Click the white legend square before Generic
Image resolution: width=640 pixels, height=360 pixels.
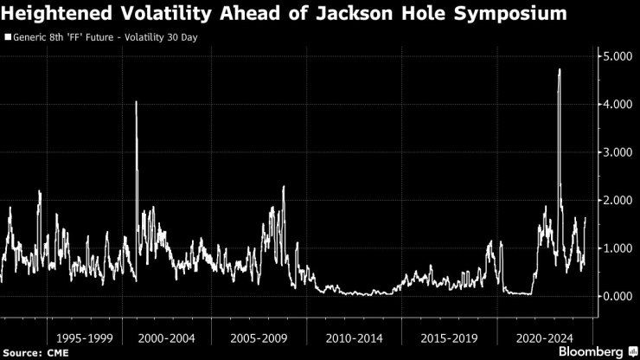pyautogui.click(x=8, y=38)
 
